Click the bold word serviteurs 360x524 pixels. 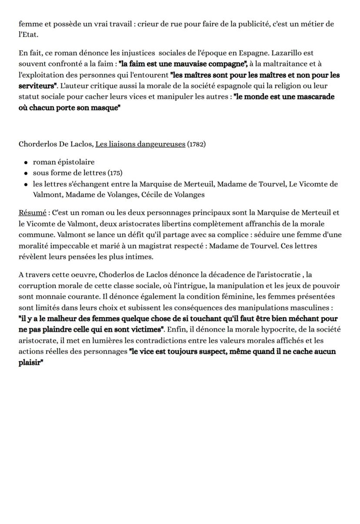pos(37,86)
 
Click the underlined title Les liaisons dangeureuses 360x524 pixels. pos(140,144)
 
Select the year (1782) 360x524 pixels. pos(197,144)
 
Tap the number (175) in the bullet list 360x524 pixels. pos(115,173)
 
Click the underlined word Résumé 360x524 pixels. pos(32,213)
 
